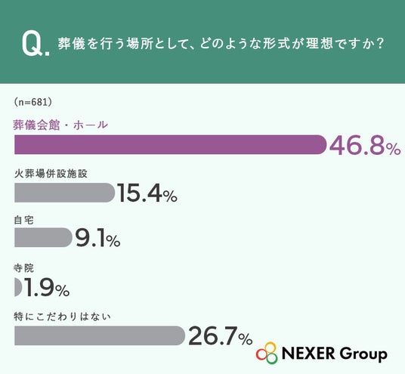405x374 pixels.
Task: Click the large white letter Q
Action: pos(32,45)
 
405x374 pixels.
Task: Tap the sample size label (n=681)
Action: pos(32,102)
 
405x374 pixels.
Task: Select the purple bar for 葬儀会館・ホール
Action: pos(170,144)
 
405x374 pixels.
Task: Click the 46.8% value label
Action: pos(365,146)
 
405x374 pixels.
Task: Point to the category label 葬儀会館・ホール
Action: pos(60,125)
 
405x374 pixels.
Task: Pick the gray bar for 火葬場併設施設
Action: pos(64,193)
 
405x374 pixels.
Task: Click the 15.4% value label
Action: pos(147,193)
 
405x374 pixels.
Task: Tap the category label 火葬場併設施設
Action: pos(51,174)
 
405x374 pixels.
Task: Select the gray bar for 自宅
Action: pos(43,237)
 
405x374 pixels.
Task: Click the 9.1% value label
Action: pos(97,238)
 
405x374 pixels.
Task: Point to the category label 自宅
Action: pos(23,220)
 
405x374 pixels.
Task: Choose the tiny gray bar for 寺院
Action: pos(18,286)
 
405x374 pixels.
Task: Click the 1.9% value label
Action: pos(47,287)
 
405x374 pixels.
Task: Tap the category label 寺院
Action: pos(23,268)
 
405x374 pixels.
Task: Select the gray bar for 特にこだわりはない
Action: pos(100,335)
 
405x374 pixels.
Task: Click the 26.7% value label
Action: pos(221,335)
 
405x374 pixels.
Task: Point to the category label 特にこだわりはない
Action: pos(62,317)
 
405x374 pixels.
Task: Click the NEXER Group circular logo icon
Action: pos(267,353)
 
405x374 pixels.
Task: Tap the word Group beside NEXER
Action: pos(363,354)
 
